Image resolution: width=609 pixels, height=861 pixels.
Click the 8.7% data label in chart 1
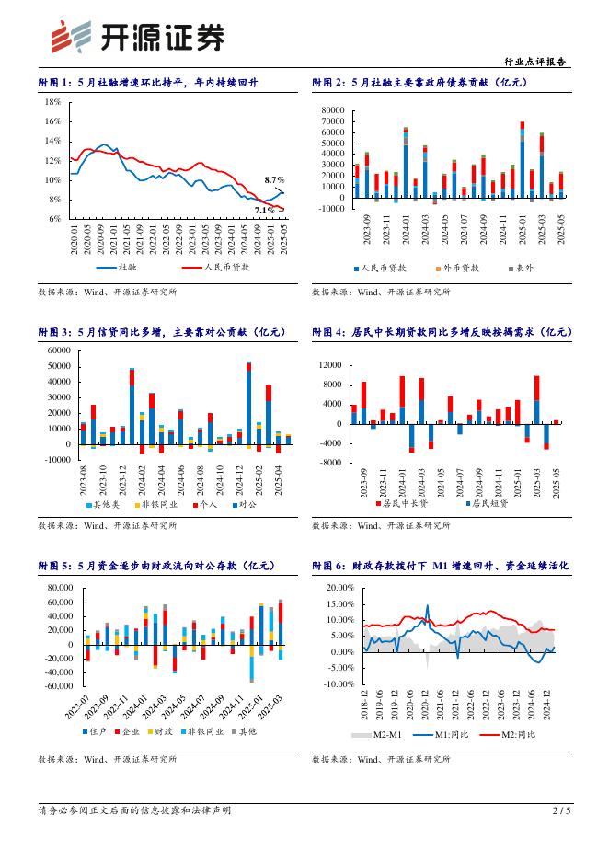click(274, 180)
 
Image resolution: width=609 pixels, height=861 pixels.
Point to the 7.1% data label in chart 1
click(264, 210)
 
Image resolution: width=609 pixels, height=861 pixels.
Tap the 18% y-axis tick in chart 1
click(52, 102)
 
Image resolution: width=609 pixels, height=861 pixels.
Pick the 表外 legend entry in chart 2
click(523, 268)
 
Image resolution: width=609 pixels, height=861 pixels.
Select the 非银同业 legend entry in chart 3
click(156, 503)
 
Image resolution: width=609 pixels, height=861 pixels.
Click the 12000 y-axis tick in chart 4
click(329, 365)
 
